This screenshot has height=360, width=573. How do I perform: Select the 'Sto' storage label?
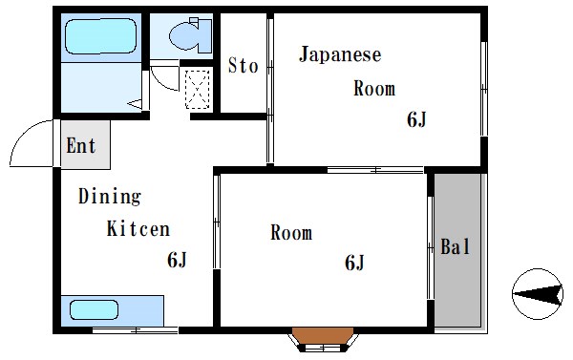point(243,66)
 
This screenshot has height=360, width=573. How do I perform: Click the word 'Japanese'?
point(340,54)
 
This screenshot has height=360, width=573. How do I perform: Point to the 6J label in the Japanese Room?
point(416,119)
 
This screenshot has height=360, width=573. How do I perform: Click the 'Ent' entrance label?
point(81,146)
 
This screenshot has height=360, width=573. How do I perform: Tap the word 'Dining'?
point(109,198)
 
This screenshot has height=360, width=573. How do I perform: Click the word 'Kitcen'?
point(138,229)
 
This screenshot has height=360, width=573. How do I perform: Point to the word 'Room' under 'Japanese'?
point(374,90)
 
